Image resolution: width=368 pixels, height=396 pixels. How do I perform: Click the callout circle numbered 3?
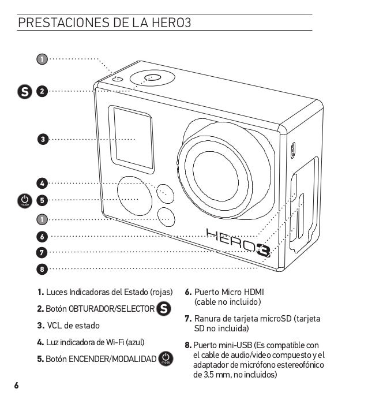coord(43,139)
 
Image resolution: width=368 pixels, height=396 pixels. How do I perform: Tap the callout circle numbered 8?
coord(42,269)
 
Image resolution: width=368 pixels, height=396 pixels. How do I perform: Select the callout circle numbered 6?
coord(42,237)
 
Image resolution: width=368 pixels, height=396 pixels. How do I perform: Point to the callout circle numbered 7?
coord(42,253)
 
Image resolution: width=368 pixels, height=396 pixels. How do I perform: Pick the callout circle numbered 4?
coord(42,184)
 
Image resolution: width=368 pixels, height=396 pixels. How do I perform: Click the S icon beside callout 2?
coord(25,91)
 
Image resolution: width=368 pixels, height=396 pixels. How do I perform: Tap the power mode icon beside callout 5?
coord(25,201)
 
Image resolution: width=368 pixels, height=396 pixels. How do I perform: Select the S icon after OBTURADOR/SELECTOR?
coord(164,309)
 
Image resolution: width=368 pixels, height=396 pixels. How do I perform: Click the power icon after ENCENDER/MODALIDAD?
coord(166,358)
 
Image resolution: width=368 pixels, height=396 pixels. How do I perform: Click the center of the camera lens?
coord(215,177)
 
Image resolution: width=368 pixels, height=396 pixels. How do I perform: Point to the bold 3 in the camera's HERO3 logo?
coord(264,251)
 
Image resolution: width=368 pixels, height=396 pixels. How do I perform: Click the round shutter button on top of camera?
coord(152,77)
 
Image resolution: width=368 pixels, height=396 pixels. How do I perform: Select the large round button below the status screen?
coord(134,196)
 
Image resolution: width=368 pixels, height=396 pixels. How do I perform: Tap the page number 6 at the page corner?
coord(16,386)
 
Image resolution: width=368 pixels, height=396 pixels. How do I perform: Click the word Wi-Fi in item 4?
coord(115,342)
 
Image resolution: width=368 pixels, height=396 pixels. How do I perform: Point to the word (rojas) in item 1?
coord(162,292)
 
